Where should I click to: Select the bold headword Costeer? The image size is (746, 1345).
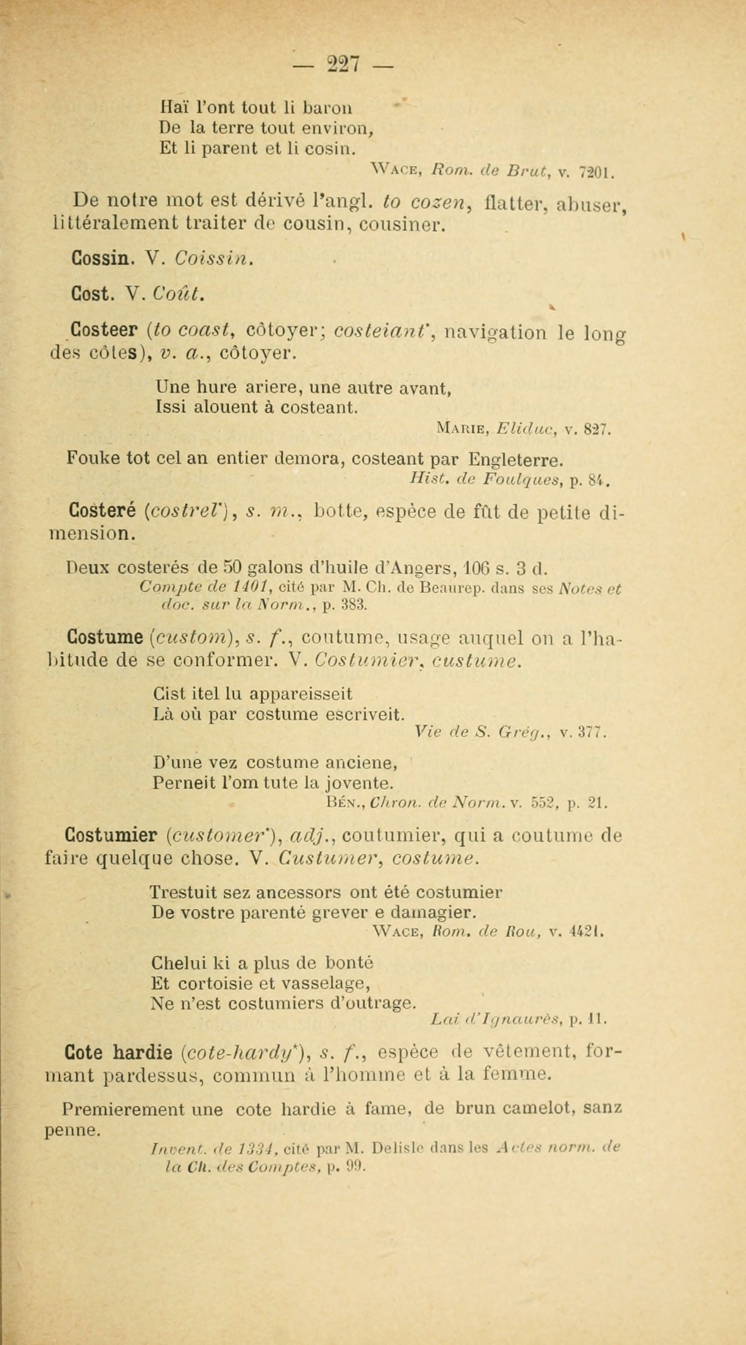[104, 330]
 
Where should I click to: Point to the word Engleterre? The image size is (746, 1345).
[516, 459]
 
